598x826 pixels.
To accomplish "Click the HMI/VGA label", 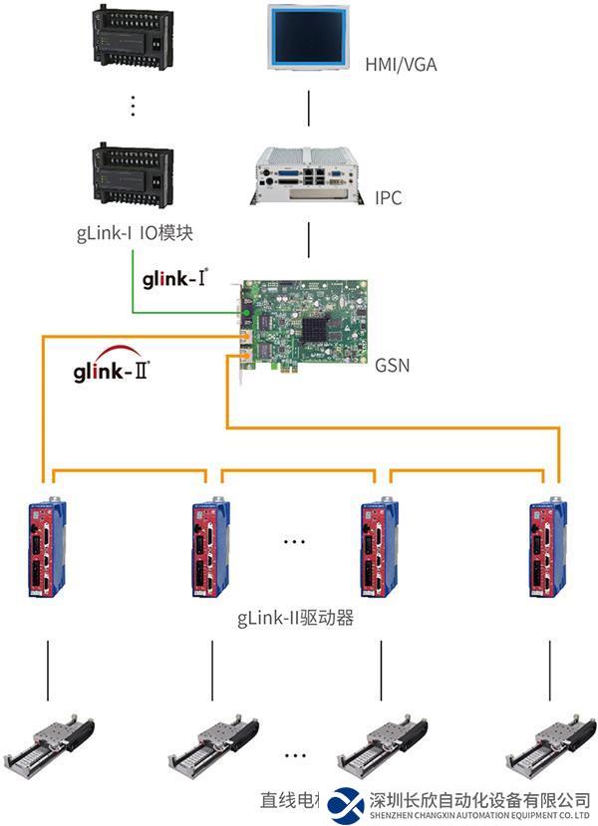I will [401, 65].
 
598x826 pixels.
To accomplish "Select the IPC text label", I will [389, 198].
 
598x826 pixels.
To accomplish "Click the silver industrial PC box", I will [309, 177].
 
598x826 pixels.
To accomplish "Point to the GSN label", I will [393, 366].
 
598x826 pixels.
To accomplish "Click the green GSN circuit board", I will [304, 322].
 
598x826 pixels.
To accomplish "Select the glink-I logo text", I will [176, 278].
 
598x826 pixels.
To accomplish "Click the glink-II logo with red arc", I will [112, 370].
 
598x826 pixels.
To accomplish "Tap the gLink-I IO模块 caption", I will [134, 235].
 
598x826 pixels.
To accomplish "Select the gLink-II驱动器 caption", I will [296, 619].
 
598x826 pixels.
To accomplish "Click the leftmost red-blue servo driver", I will [47, 548].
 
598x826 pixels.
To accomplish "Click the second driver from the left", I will [211, 549].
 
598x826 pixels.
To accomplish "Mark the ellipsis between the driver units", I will [295, 542].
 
